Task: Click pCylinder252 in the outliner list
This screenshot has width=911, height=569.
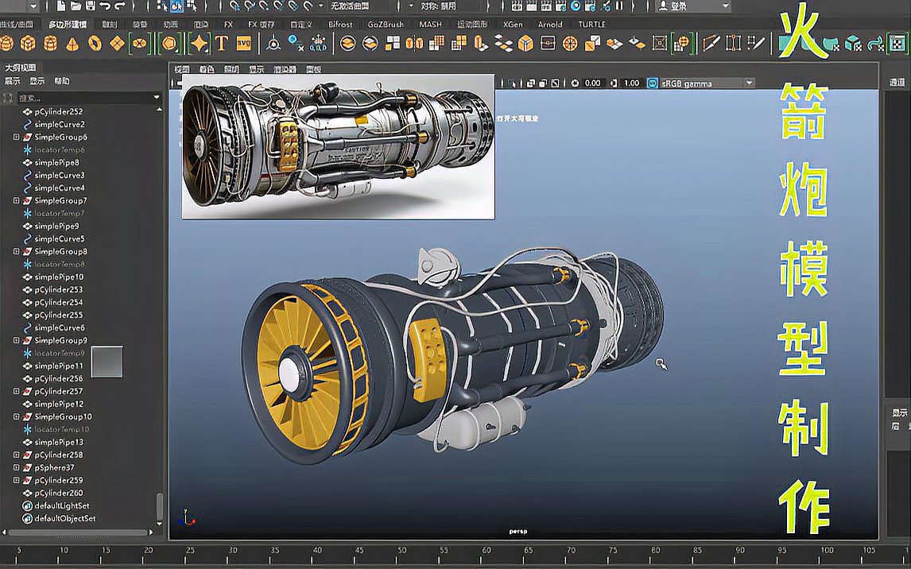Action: [x=58, y=112]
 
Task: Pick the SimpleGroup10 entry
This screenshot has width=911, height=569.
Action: [x=63, y=416]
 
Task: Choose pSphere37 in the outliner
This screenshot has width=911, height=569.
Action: [x=54, y=467]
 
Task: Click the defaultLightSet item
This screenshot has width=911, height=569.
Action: [x=61, y=505]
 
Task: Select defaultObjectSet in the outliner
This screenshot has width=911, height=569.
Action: [x=64, y=518]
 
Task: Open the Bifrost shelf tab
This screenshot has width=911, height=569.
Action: [x=341, y=25]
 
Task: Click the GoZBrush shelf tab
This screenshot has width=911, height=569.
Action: [x=386, y=25]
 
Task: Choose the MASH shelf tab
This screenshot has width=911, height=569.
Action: [x=430, y=25]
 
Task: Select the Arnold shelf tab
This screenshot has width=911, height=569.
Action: [x=550, y=25]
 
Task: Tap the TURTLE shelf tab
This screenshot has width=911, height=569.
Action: [x=591, y=25]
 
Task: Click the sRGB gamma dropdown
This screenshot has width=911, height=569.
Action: [x=700, y=83]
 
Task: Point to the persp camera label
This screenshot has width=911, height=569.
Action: [x=518, y=531]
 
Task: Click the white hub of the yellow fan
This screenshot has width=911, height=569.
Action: [x=289, y=373]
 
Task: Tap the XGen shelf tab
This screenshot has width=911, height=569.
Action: [x=513, y=25]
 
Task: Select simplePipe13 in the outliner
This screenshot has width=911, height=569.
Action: [x=59, y=442]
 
